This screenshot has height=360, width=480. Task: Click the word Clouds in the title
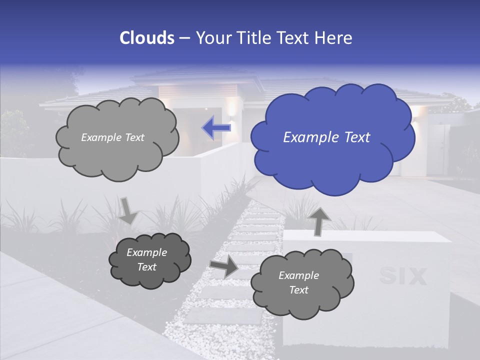pyautogui.click(x=147, y=38)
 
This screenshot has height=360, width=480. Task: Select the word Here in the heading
pyautogui.click(x=334, y=38)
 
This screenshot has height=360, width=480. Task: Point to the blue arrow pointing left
pyautogui.click(x=216, y=127)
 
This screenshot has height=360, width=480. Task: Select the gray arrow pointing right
pyautogui.click(x=224, y=266)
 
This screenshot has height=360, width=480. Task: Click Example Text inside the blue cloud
pyautogui.click(x=326, y=137)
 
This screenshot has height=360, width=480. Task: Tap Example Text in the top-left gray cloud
pyautogui.click(x=112, y=137)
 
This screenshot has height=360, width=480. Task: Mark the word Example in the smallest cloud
pyautogui.click(x=146, y=252)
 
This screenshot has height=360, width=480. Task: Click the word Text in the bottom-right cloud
pyautogui.click(x=298, y=290)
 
